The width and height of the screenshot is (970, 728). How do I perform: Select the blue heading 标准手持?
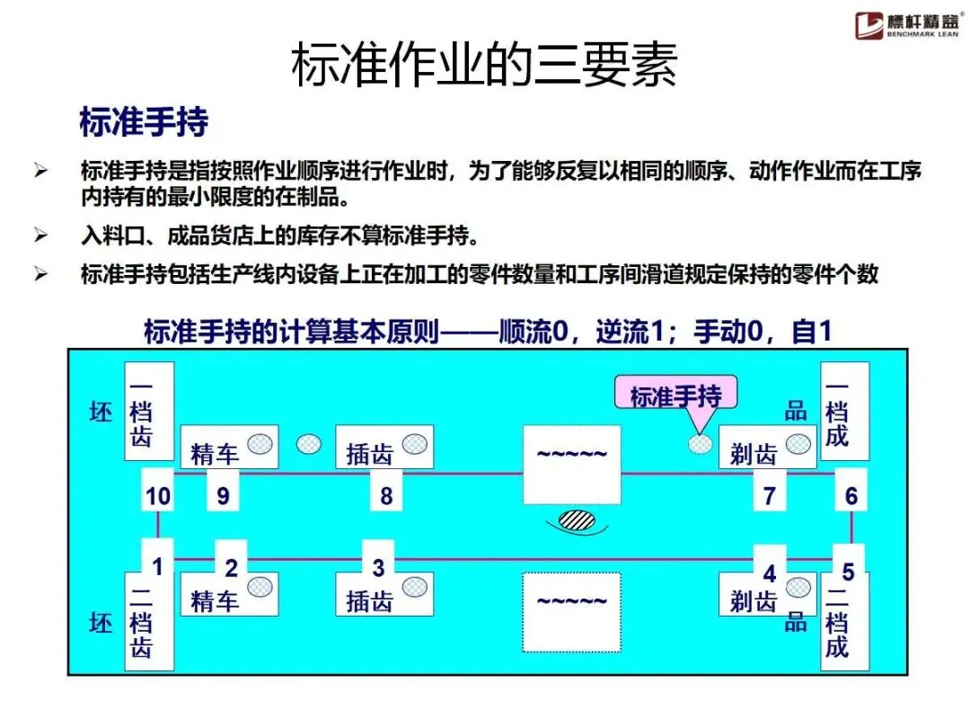pyautogui.click(x=144, y=122)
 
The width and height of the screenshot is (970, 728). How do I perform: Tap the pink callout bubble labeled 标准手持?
pyautogui.click(x=675, y=395)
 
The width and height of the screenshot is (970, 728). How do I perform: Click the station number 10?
pyautogui.click(x=158, y=495)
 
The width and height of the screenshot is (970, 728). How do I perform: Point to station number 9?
pyautogui.click(x=223, y=495)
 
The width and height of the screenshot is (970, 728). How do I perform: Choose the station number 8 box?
pyautogui.click(x=386, y=495)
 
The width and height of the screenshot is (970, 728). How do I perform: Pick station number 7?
pyautogui.click(x=769, y=495)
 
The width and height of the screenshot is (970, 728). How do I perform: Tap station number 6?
pyautogui.click(x=851, y=495)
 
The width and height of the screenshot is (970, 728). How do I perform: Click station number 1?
pyautogui.click(x=158, y=567)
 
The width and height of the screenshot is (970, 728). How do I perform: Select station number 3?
pyautogui.click(x=378, y=567)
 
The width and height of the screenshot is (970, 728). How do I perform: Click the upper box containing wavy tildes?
pyautogui.click(x=572, y=464)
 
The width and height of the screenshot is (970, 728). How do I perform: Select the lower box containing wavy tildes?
pyautogui.click(x=572, y=611)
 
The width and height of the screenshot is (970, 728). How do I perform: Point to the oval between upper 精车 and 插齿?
pyautogui.click(x=309, y=443)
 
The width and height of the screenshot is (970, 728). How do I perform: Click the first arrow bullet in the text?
pyautogui.click(x=40, y=170)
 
